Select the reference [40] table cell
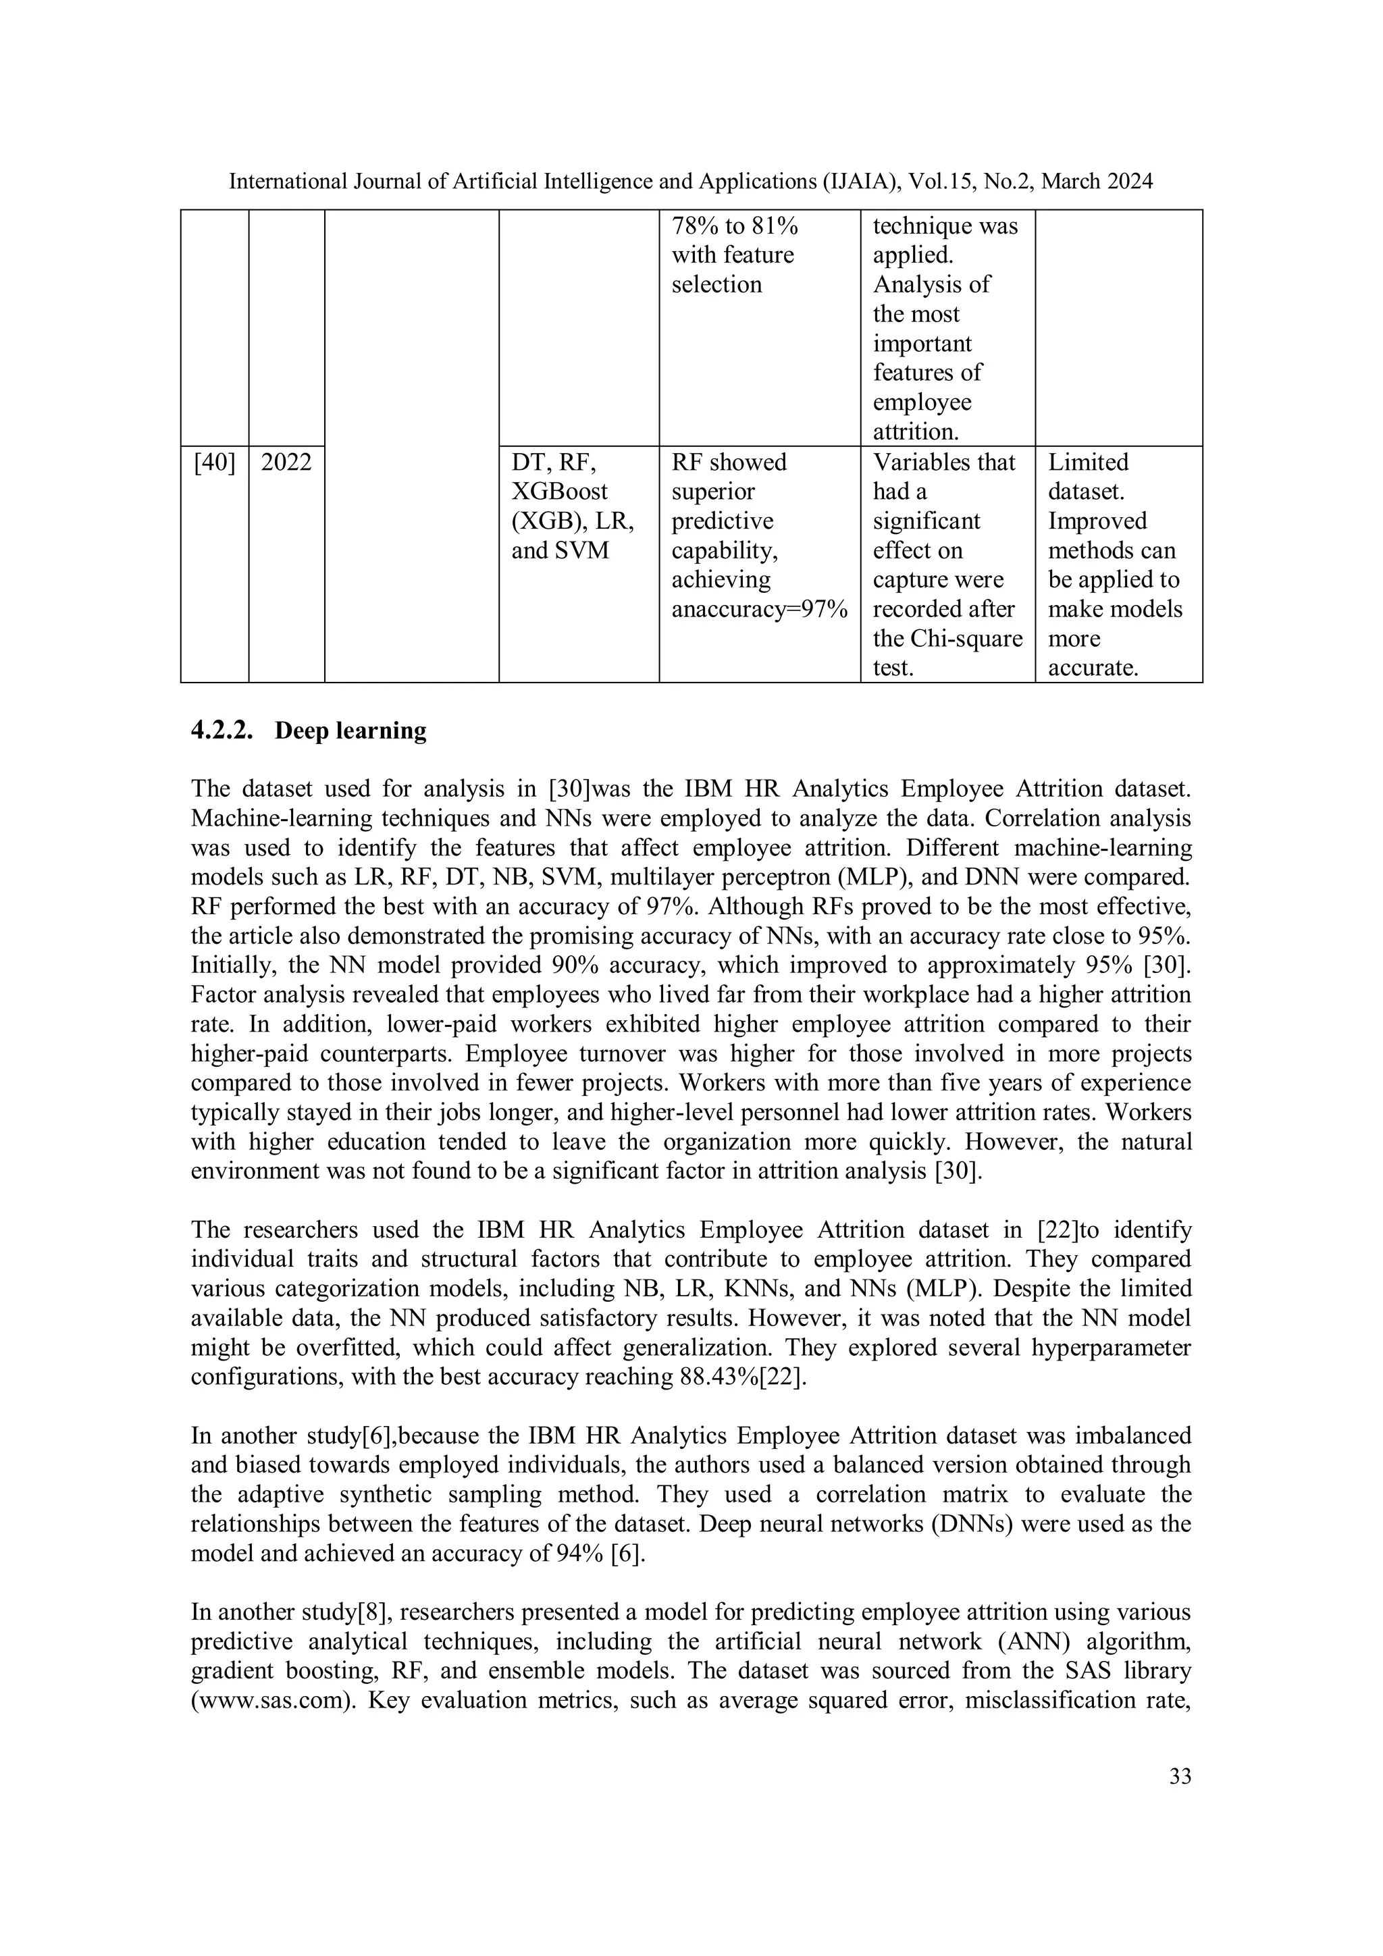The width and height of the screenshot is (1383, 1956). (215, 462)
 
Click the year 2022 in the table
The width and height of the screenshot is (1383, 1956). (286, 462)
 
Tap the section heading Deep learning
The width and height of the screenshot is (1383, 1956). (350, 731)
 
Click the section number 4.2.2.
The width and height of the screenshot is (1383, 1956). (221, 731)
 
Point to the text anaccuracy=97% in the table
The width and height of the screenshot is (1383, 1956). (759, 609)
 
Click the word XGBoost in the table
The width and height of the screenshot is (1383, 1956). (559, 492)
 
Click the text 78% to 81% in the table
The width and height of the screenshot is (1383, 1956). (735, 226)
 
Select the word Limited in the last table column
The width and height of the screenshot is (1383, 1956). (1087, 462)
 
